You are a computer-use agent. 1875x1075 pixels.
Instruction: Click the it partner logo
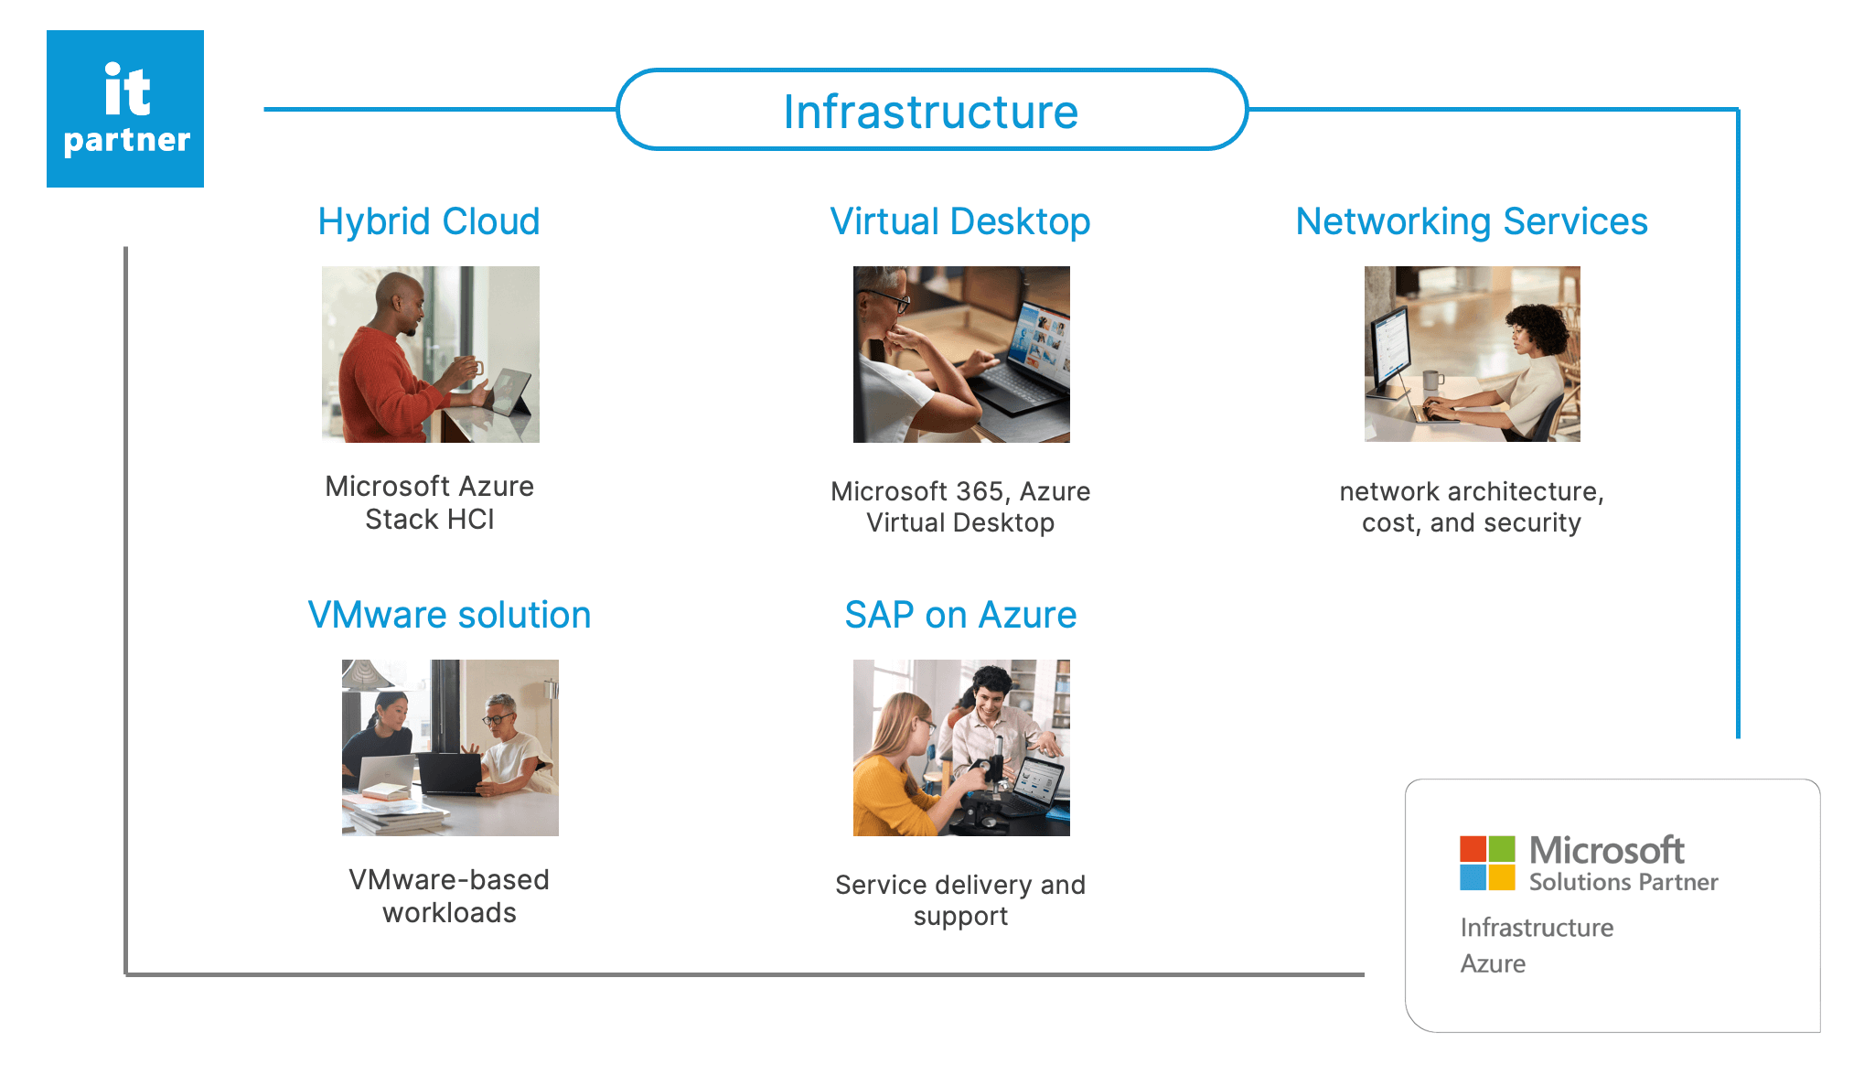[x=125, y=109]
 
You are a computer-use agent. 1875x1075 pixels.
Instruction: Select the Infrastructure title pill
[x=931, y=111]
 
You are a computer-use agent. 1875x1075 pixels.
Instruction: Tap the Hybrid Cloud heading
[x=429, y=221]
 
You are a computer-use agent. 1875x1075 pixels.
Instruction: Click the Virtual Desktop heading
[x=959, y=221]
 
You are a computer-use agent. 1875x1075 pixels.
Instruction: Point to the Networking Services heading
[x=1472, y=221]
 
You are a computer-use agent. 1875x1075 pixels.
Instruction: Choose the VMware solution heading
[x=449, y=615]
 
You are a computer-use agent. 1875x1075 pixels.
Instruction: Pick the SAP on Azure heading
[x=960, y=615]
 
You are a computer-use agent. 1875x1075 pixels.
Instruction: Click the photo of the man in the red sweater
[x=430, y=354]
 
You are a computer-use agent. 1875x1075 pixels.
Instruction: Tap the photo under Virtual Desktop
[x=961, y=354]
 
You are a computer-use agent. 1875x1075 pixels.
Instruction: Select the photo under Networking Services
[x=1472, y=354]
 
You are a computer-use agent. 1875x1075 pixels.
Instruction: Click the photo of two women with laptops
[x=450, y=747]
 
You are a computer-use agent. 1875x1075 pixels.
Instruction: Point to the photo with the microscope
[x=961, y=747]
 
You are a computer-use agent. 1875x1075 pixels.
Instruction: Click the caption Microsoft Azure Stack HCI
[x=429, y=502]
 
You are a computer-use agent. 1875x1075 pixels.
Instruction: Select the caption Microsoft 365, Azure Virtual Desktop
[x=960, y=507]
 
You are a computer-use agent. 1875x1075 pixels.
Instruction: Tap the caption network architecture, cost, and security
[x=1472, y=507]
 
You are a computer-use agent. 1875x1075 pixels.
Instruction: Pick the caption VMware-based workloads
[x=449, y=896]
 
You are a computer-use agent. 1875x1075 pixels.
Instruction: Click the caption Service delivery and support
[x=960, y=900]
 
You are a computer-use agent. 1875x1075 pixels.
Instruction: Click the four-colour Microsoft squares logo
[x=1487, y=863]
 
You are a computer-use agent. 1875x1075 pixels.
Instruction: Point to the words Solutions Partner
[x=1623, y=882]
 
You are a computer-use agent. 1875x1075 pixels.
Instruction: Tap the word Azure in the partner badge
[x=1493, y=963]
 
